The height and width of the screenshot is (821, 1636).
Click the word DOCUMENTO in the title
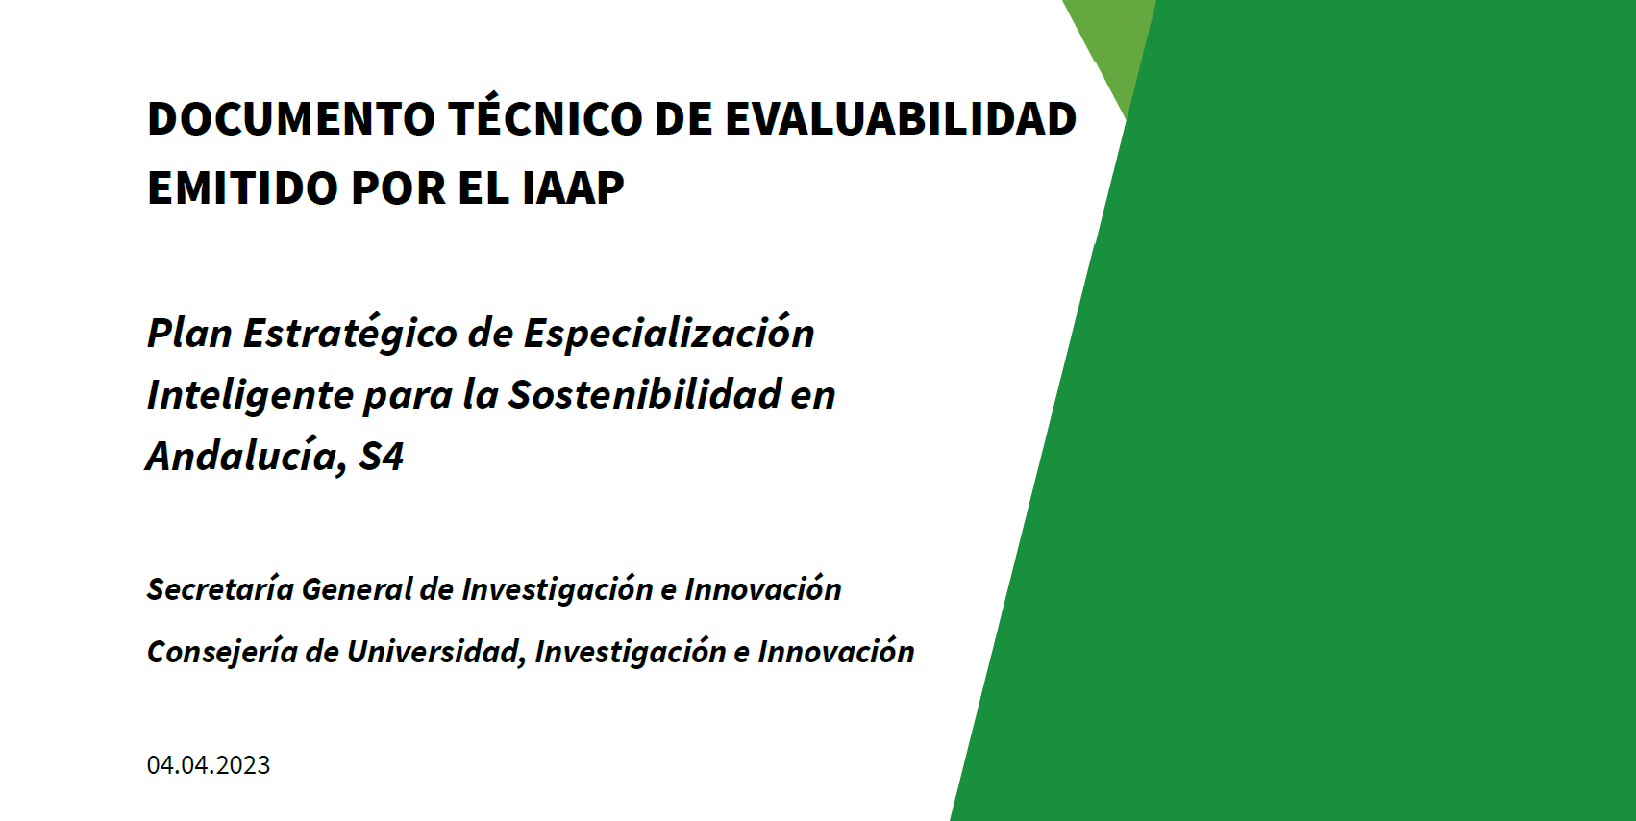click(x=291, y=118)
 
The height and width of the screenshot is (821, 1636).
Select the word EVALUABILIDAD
click(x=901, y=118)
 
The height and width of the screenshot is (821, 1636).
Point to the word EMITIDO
click(x=242, y=187)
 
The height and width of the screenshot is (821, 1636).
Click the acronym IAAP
click(x=573, y=187)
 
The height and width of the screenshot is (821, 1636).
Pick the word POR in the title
click(x=399, y=187)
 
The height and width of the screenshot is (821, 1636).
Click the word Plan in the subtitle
click(x=190, y=333)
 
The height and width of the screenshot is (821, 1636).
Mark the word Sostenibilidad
click(x=645, y=394)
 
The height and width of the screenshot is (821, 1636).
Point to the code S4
click(x=381, y=457)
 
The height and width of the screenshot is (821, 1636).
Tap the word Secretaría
click(x=220, y=588)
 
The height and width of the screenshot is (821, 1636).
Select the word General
click(x=357, y=588)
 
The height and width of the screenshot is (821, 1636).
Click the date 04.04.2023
click(x=209, y=764)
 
